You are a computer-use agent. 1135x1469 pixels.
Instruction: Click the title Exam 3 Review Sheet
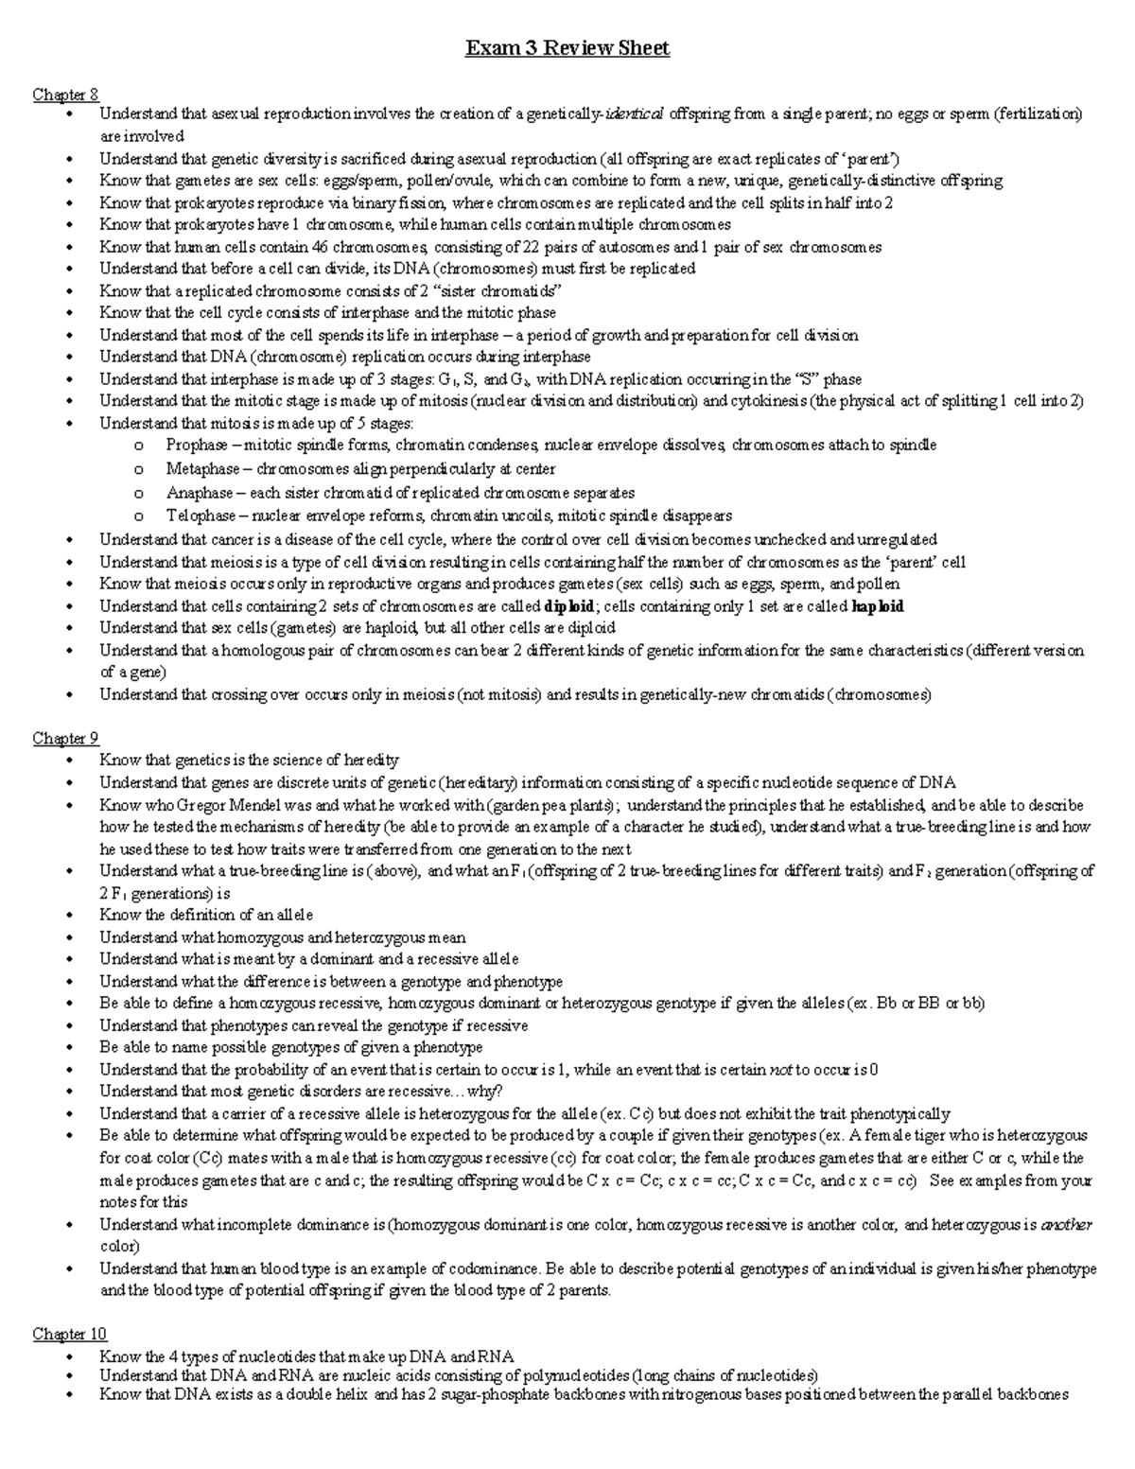567,48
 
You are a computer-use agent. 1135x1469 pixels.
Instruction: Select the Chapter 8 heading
65,94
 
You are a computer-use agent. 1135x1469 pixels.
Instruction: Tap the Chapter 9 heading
65,738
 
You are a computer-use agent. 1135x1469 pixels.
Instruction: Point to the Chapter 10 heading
69,1334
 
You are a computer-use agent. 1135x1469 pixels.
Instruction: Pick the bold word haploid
878,606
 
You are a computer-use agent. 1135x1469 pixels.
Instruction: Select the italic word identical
635,114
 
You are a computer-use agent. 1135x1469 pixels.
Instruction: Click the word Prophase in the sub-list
197,445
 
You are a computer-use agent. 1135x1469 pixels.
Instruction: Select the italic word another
1066,1225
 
